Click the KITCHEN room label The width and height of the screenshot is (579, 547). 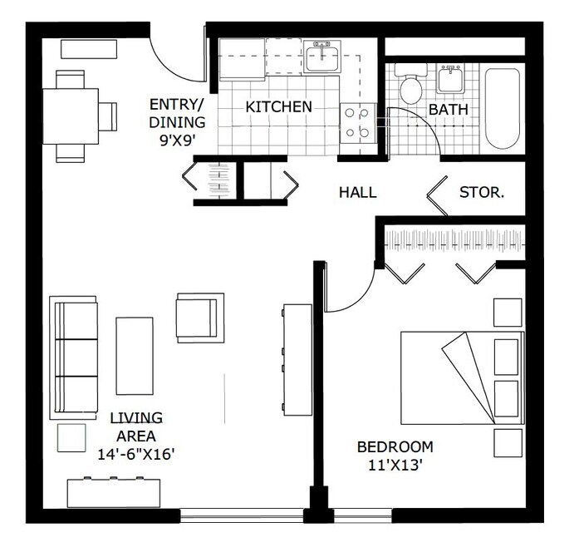278,106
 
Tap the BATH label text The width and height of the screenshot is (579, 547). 448,109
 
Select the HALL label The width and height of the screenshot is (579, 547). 357,192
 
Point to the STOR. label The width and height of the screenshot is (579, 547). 482,192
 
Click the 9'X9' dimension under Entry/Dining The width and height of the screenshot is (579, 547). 176,140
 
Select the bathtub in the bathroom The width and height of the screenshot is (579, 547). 503,108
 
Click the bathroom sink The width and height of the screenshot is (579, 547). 451,79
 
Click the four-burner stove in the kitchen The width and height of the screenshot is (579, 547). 359,122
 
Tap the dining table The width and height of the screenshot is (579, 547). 71,116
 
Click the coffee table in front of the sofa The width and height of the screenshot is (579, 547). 135,355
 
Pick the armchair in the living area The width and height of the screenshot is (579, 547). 200,318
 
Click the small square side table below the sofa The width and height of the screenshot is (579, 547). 71,437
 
